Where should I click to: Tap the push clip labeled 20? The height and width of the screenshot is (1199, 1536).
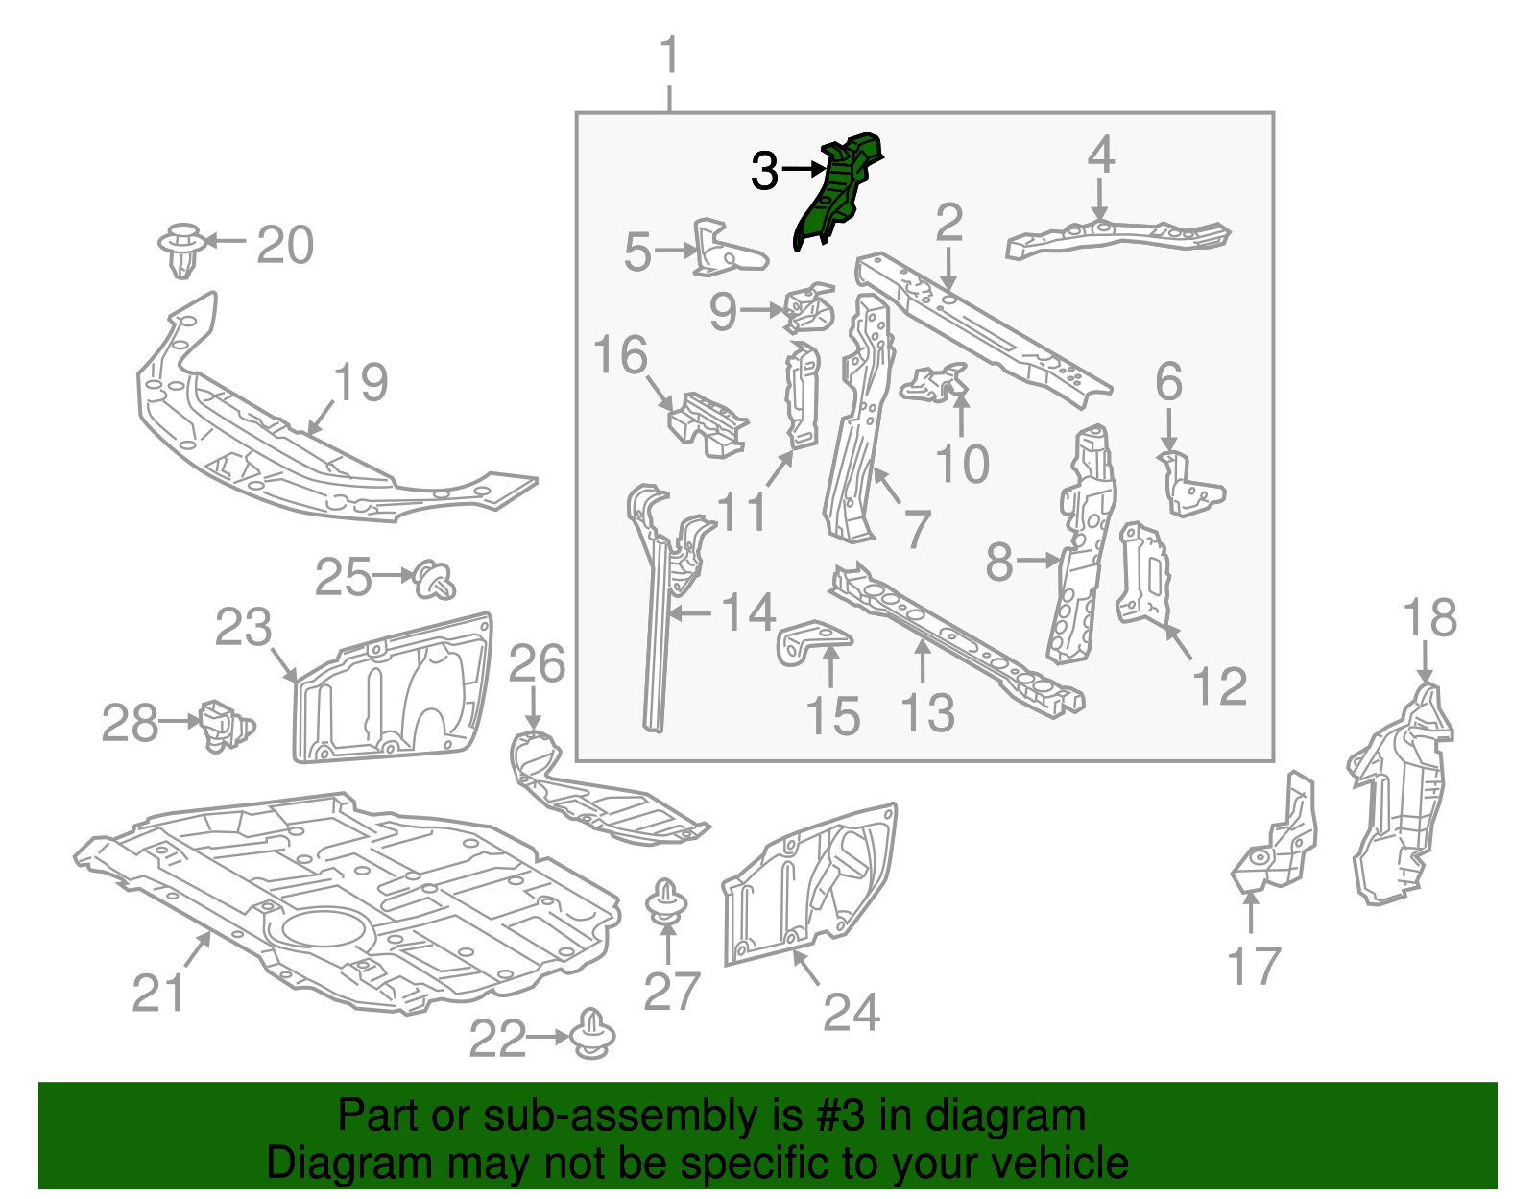point(180,250)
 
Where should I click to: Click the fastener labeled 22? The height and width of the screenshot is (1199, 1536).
point(592,1035)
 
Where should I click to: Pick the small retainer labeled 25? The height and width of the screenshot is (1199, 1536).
point(435,580)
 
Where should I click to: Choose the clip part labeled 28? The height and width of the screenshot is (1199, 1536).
point(224,726)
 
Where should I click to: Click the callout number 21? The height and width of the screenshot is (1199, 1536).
point(157,994)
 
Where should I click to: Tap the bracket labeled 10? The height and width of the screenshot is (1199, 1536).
point(934,384)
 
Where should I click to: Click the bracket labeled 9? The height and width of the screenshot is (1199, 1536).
point(809,309)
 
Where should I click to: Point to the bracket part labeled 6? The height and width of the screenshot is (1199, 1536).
point(1190,485)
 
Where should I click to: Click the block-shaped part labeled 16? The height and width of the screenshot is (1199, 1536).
point(708,425)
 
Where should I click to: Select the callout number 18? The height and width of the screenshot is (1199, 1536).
point(1429,619)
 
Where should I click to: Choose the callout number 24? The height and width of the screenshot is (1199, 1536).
point(852,1012)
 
